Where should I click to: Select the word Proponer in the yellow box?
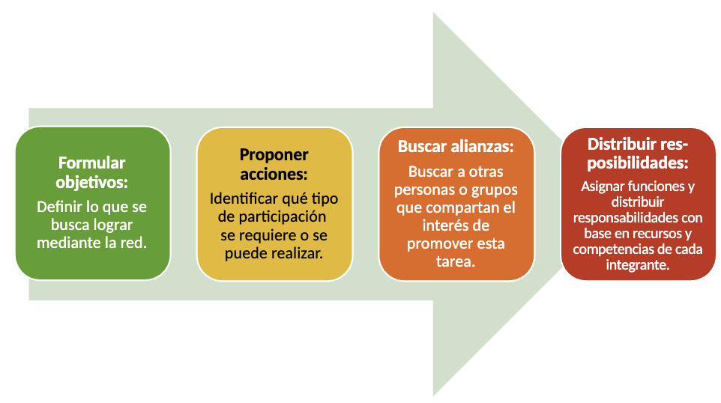click(x=274, y=155)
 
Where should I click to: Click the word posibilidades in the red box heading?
click(x=638, y=163)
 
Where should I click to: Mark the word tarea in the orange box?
click(x=456, y=262)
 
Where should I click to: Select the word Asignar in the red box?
click(x=606, y=187)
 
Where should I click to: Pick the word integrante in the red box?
click(x=638, y=265)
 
